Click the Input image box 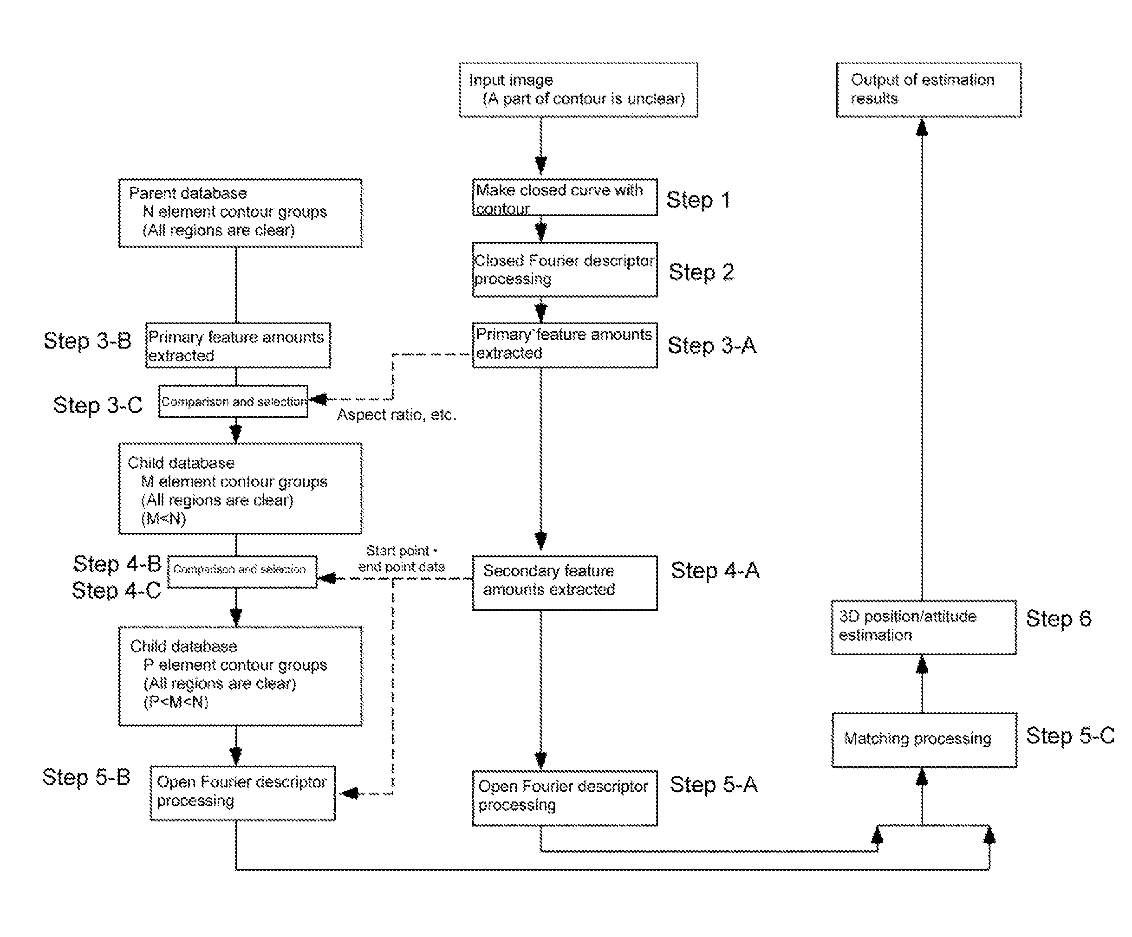[579, 90]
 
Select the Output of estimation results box [929, 90]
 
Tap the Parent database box [241, 213]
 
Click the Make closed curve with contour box [565, 197]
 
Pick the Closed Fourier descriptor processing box [565, 270]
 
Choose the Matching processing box [924, 740]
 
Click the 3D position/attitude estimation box [924, 627]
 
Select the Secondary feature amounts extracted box [565, 583]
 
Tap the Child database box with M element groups [241, 489]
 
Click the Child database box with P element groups [241, 676]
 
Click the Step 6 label [1059, 619]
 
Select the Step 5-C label [1070, 736]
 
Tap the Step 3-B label [87, 341]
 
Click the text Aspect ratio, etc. [397, 414]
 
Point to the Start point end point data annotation [402, 559]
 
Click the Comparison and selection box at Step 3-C [234, 401]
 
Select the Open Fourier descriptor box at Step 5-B [242, 793]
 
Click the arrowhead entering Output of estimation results [922, 127]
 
